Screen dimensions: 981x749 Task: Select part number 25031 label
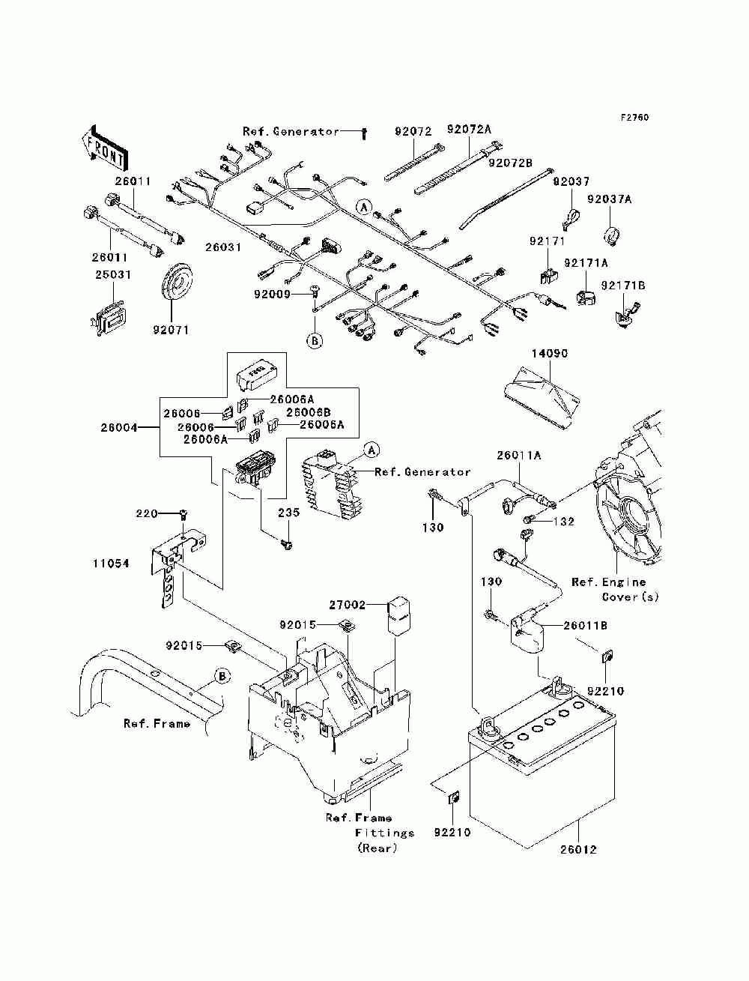click(112, 275)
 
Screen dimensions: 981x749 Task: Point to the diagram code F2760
click(634, 118)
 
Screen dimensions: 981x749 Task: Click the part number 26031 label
click(223, 247)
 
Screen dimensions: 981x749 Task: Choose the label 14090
click(550, 353)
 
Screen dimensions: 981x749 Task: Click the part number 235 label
click(288, 513)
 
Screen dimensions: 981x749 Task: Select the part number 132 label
click(564, 521)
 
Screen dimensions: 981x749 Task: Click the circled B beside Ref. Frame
click(222, 676)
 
